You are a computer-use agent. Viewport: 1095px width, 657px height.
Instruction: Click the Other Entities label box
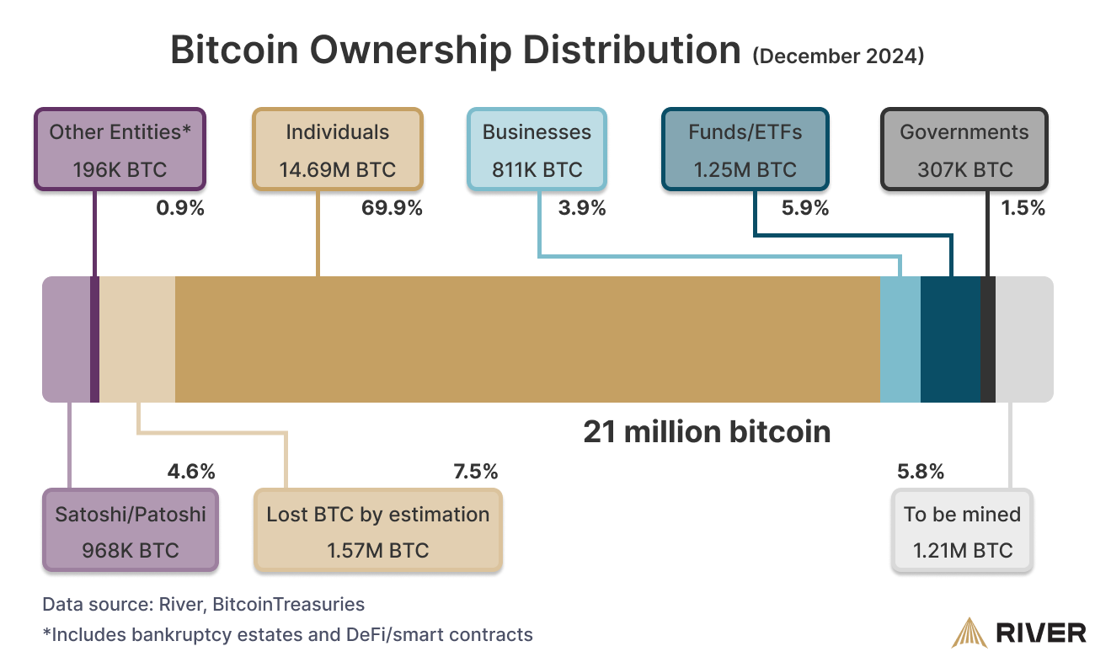(120, 149)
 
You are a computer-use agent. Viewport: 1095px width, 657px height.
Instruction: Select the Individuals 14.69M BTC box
(338, 149)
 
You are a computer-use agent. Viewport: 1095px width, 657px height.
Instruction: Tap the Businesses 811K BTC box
(537, 149)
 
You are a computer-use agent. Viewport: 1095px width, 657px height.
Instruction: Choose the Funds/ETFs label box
(745, 149)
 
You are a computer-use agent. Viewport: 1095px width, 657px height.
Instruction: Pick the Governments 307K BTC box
(964, 149)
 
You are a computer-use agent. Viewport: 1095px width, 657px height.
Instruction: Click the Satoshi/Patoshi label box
(131, 531)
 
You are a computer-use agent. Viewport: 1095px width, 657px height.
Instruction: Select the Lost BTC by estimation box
(378, 531)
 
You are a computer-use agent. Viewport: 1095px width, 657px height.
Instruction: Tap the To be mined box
(962, 531)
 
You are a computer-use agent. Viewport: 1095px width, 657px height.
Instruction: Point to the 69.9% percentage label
(392, 208)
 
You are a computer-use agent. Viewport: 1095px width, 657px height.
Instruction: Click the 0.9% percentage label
(180, 208)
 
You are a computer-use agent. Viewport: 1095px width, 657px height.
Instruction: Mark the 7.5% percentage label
(476, 472)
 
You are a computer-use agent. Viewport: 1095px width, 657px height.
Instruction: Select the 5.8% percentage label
(921, 472)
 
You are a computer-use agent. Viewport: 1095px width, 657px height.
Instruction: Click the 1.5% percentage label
(1023, 208)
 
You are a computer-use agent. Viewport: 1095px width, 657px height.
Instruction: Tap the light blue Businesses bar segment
(900, 339)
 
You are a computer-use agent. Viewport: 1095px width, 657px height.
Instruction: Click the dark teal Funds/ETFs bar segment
(950, 339)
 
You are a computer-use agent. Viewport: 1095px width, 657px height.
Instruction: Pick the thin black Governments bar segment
(988, 339)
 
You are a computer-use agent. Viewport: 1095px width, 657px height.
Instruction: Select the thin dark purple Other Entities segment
(94, 339)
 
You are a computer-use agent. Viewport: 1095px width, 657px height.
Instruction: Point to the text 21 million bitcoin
(707, 432)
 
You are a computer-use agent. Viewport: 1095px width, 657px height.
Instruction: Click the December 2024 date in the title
(838, 56)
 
